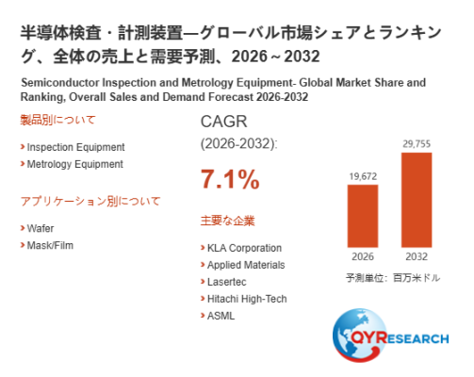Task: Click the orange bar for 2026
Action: (363, 216)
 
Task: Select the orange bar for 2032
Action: (417, 200)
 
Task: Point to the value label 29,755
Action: (417, 144)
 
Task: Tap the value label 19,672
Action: (363, 176)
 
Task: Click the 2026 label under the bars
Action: (363, 256)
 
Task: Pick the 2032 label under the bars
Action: (417, 256)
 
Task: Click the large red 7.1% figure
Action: (230, 179)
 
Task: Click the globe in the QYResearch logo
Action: (360, 335)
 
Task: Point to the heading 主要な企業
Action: (228, 221)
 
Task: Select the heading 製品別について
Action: (57, 120)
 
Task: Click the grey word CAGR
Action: (224, 122)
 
